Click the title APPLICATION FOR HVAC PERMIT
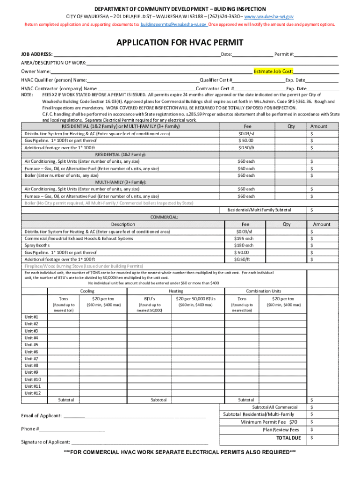(x=180, y=43)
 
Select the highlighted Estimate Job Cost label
(x=273, y=72)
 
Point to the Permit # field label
(x=284, y=54)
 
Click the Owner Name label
(x=36, y=72)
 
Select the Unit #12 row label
(x=32, y=393)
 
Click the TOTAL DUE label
(x=288, y=438)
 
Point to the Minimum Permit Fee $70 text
(x=268, y=422)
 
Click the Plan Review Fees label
(x=281, y=430)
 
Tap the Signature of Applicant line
(x=140, y=442)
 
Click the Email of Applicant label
(x=42, y=416)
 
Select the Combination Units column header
(x=264, y=291)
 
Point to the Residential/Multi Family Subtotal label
(x=259, y=210)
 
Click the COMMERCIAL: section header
(x=164, y=217)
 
